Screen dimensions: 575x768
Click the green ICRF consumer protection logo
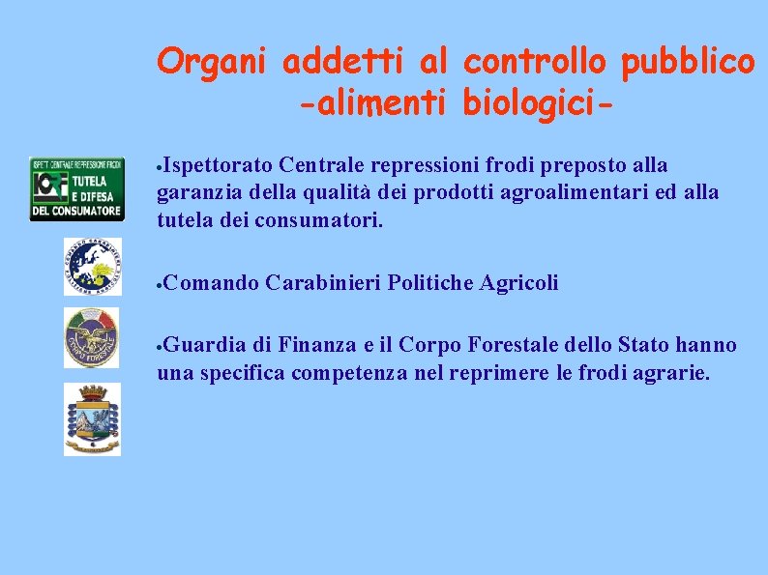76,189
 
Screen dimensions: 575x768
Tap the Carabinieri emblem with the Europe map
93,266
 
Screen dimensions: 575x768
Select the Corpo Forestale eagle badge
92,337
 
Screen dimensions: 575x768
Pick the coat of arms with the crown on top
93,418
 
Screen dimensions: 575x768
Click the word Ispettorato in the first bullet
213,165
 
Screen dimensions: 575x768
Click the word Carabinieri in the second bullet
323,282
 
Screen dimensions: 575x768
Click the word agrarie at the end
671,372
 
